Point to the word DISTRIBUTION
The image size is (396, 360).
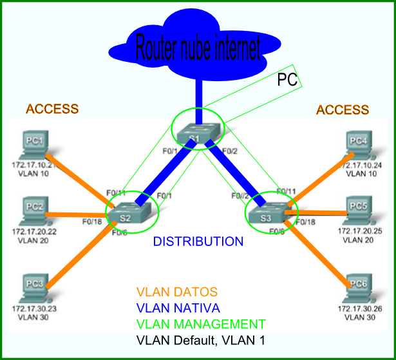198,242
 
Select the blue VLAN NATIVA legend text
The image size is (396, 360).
178,308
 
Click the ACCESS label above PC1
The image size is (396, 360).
52,109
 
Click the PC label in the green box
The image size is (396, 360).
287,80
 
